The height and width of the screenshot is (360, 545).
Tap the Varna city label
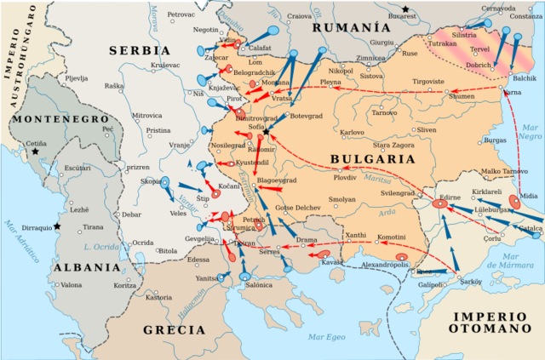pos(513,92)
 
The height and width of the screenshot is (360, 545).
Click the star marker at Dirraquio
pos(57,226)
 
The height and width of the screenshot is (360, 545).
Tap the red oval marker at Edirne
pos(439,203)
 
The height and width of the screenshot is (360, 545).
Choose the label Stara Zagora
pos(392,146)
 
